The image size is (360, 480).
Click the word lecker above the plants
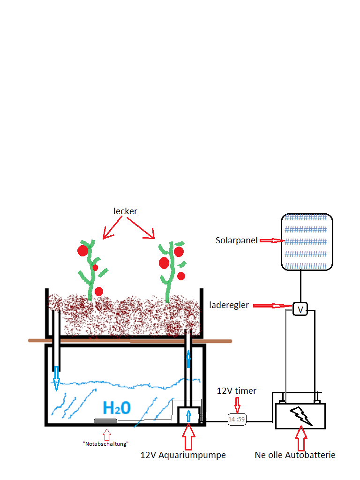[125, 211]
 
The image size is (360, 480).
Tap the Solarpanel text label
[236, 240]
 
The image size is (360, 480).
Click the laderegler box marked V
[300, 309]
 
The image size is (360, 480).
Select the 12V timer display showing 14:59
[237, 419]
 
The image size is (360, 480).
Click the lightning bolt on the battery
[301, 416]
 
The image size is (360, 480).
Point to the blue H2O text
[117, 408]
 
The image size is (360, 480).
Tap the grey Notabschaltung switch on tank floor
[105, 421]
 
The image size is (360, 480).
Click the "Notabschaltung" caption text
[105, 444]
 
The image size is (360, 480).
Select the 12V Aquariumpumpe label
[183, 455]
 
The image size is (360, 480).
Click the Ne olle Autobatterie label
[295, 455]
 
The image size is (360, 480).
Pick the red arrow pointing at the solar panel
[272, 241]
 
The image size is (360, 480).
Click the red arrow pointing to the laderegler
[272, 306]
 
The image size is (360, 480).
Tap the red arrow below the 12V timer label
[237, 405]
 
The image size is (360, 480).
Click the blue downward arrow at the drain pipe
[56, 379]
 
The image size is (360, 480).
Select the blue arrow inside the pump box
[188, 416]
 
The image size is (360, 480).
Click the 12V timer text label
[236, 391]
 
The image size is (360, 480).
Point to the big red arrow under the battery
[301, 438]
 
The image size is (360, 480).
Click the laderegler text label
[229, 305]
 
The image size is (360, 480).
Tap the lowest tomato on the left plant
[99, 292]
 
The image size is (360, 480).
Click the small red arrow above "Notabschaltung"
[107, 435]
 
